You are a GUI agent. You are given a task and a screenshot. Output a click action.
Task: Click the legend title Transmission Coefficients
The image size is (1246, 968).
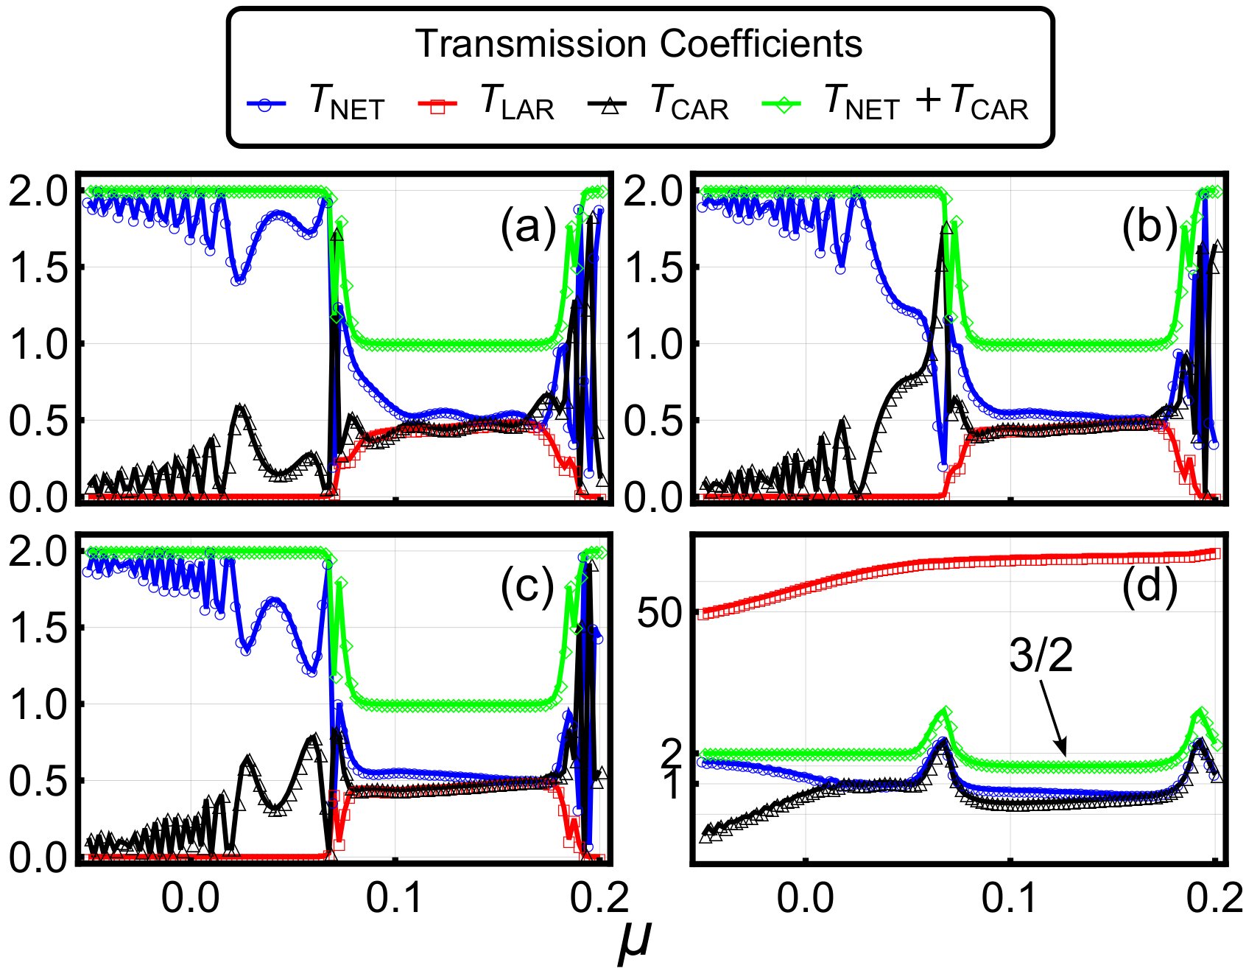638,43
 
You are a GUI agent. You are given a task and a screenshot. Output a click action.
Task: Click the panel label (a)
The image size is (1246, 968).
528,227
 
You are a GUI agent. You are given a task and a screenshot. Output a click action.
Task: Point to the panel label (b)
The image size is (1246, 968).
1150,227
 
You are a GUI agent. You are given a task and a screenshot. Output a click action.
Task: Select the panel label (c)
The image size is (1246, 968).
528,588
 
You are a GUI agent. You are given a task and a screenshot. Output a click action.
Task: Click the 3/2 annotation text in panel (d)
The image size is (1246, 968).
1041,654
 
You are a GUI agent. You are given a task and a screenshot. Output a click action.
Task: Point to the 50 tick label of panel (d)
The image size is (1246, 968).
660,612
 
